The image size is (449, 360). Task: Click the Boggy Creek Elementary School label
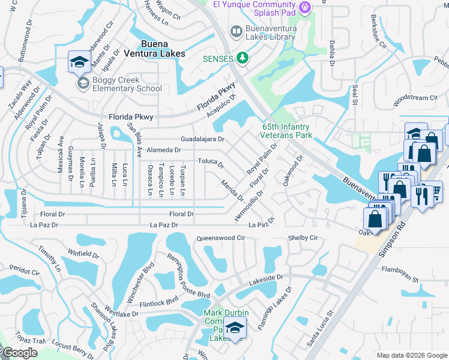click(127, 84)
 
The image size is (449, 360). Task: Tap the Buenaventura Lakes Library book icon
click(237, 31)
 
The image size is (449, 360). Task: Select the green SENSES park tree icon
click(243, 58)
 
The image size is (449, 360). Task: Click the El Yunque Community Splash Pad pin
click(305, 7)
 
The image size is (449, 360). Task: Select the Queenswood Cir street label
click(221, 238)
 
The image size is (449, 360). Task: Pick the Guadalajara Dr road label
click(198, 139)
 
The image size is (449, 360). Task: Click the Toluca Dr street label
click(211, 163)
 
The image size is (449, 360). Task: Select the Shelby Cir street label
click(303, 238)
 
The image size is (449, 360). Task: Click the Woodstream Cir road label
click(415, 97)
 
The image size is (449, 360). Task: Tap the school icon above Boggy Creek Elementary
click(79, 62)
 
